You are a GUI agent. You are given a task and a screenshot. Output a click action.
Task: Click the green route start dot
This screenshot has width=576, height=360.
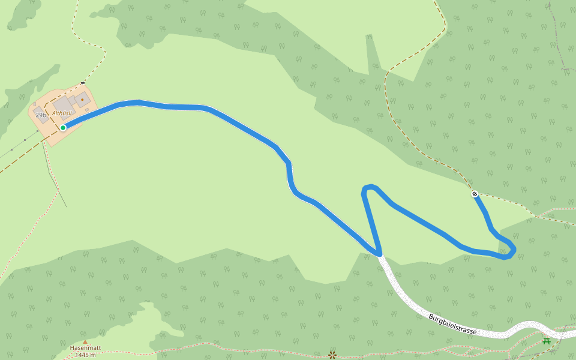pos(63,127)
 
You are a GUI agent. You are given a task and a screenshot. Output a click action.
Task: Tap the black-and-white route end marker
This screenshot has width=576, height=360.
pos(475,194)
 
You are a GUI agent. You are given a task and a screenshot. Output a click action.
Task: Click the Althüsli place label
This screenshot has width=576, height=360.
pos(62,113)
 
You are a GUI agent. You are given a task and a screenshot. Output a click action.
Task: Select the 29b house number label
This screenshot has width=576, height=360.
pos(41,115)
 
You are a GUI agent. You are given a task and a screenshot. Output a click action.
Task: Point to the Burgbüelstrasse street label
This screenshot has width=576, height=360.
pos(452,324)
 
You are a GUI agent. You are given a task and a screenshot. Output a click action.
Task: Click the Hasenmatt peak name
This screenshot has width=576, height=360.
pos(85,347)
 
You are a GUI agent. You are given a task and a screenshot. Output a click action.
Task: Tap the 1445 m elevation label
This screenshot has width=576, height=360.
pos(85,355)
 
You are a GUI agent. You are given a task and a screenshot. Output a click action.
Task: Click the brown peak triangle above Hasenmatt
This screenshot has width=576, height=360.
pos(85,341)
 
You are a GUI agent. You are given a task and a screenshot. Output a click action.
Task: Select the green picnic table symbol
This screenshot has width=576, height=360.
pos(547,341)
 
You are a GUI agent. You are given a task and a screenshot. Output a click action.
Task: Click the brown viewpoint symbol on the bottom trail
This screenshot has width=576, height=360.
pos(332,355)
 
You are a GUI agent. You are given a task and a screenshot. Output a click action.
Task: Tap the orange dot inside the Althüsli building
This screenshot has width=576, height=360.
pos(82,99)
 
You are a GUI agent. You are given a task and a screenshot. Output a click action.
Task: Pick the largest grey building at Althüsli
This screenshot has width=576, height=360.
pos(63,106)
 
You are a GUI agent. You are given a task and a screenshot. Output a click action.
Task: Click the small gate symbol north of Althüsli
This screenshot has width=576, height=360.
pos(82,82)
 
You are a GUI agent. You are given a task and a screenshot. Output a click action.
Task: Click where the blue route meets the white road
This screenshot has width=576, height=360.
pos(380,255)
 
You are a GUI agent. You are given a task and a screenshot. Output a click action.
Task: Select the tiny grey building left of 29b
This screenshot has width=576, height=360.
pos(34,105)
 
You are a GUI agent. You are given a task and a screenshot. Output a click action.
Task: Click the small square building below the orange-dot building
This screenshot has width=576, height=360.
pos(87,109)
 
